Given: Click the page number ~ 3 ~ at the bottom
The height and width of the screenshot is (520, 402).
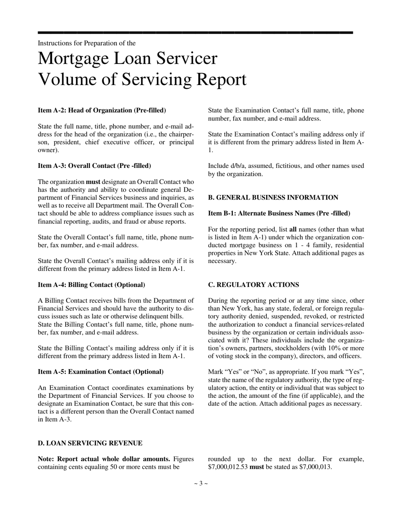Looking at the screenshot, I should click(201, 483).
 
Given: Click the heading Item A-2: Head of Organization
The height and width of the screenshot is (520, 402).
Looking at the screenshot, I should click(102, 110).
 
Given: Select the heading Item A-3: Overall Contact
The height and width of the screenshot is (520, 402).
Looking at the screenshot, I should click(94, 166).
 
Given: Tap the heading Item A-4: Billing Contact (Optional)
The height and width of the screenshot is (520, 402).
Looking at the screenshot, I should click(91, 285).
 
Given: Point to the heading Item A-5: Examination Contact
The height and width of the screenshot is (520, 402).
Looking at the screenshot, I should click(101, 372).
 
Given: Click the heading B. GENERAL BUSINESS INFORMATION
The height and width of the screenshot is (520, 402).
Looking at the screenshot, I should click(273, 197).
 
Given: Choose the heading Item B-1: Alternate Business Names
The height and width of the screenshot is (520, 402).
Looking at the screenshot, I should click(279, 213).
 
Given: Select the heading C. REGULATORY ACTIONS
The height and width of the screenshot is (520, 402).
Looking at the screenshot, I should click(253, 285).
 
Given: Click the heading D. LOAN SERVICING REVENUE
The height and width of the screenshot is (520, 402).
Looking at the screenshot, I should click(90, 443).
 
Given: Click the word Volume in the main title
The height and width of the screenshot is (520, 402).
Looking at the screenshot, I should click(68, 79).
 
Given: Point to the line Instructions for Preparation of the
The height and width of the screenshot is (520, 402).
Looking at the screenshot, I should click(87, 43).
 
